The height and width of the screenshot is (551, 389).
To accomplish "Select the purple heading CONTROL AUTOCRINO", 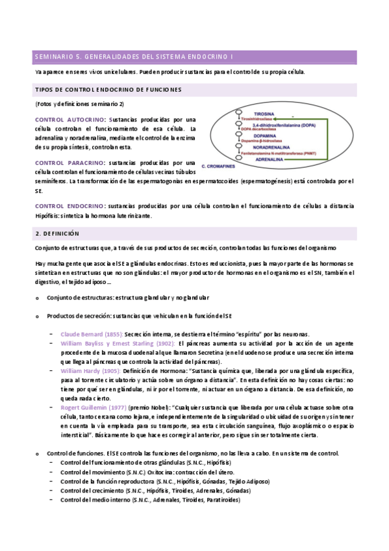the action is [69, 120].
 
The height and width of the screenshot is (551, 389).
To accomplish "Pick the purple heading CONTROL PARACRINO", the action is [69, 162].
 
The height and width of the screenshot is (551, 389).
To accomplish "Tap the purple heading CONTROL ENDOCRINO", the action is [69, 205].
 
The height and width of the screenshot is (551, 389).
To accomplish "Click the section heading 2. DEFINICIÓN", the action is [56, 233].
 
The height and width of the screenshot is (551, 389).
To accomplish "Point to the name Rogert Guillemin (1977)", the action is [93, 406].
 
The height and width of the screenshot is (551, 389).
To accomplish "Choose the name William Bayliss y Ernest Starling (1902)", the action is [117, 342].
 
